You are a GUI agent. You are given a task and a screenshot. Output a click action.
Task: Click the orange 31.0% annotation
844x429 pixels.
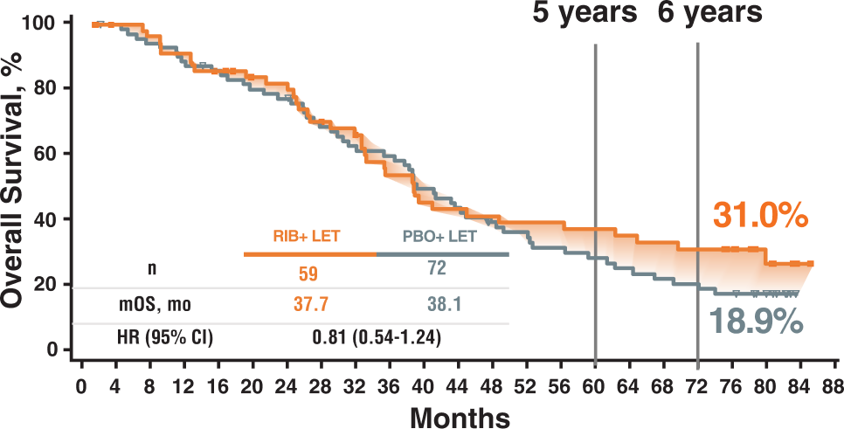click(x=758, y=216)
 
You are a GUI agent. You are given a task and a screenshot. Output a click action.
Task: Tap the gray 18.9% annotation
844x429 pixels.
click(x=754, y=322)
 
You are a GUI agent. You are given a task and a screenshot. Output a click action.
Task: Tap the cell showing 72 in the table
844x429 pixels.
click(x=436, y=268)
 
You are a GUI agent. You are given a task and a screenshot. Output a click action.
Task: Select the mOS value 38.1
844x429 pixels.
click(x=436, y=305)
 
